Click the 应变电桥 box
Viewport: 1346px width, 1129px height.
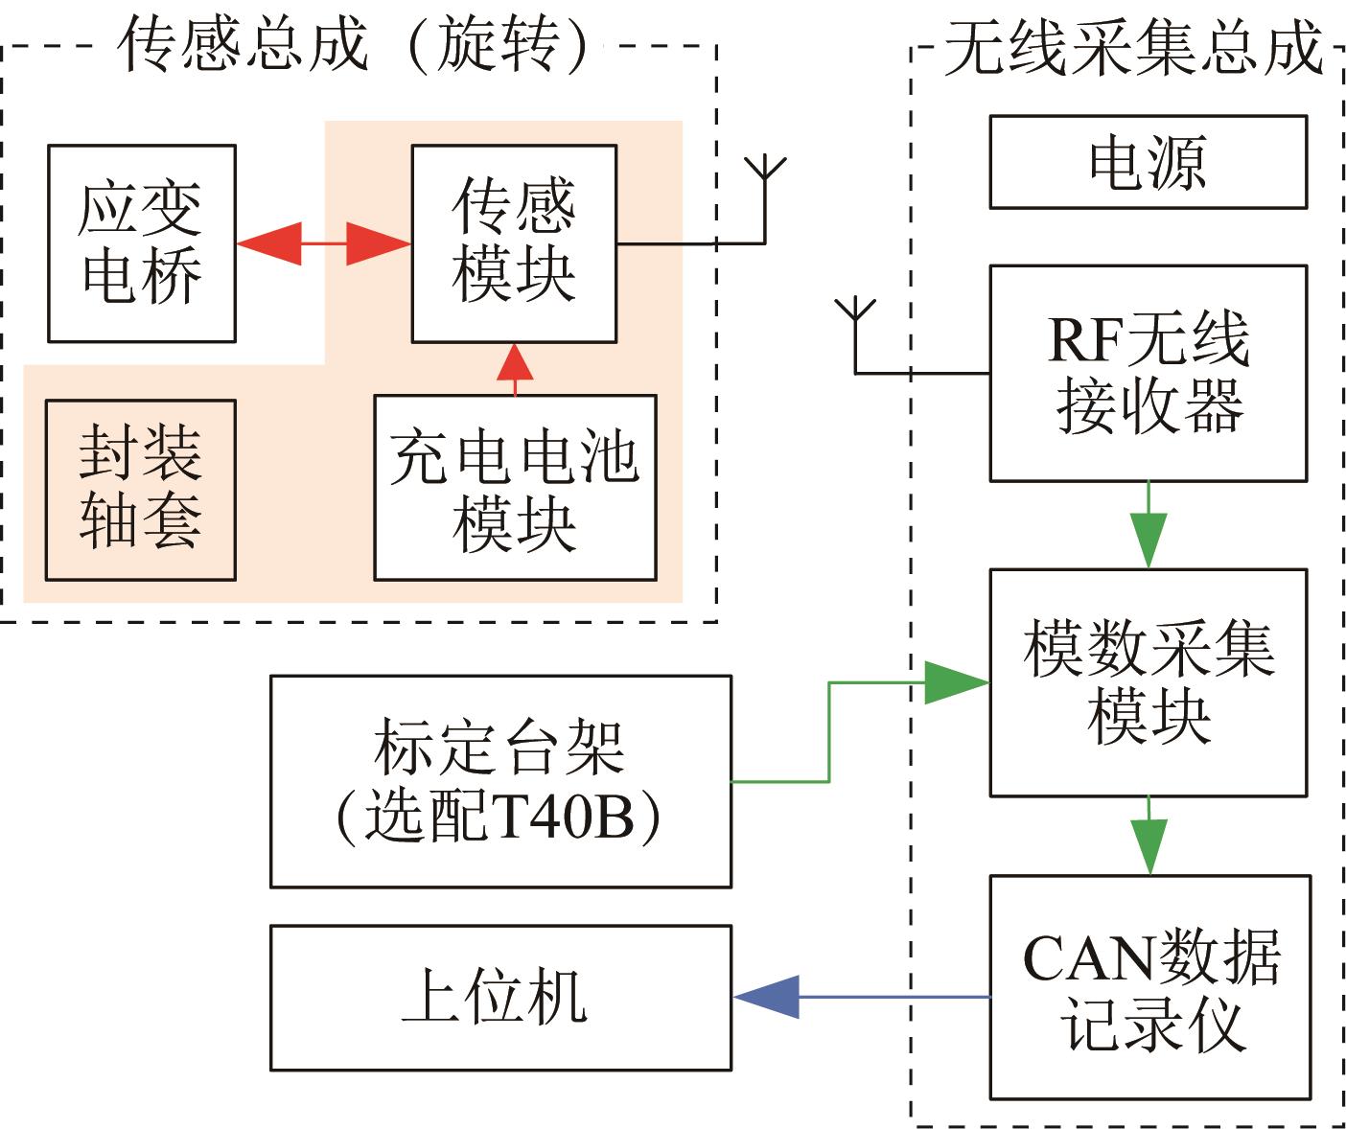coord(142,243)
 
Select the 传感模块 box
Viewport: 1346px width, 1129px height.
coord(515,243)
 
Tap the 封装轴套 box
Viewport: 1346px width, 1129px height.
coord(141,491)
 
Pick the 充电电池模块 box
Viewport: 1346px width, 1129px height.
coord(515,488)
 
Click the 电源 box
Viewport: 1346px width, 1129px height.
coord(1149,162)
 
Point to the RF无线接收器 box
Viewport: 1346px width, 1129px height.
coord(1149,373)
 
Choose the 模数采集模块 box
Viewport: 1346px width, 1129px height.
coord(1149,683)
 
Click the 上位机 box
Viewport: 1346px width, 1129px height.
coord(500,999)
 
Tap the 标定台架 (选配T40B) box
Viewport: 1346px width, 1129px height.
coord(500,782)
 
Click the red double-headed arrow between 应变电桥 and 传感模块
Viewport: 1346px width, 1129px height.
coord(324,243)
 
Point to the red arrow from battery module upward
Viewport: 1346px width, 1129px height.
coord(515,369)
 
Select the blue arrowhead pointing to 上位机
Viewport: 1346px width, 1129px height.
coord(767,997)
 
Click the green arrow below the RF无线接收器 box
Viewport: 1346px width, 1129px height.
coord(1149,525)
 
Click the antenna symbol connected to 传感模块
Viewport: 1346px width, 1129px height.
coord(765,199)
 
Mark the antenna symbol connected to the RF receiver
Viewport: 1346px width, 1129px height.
coord(855,335)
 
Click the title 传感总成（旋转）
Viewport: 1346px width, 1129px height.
coord(356,44)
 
